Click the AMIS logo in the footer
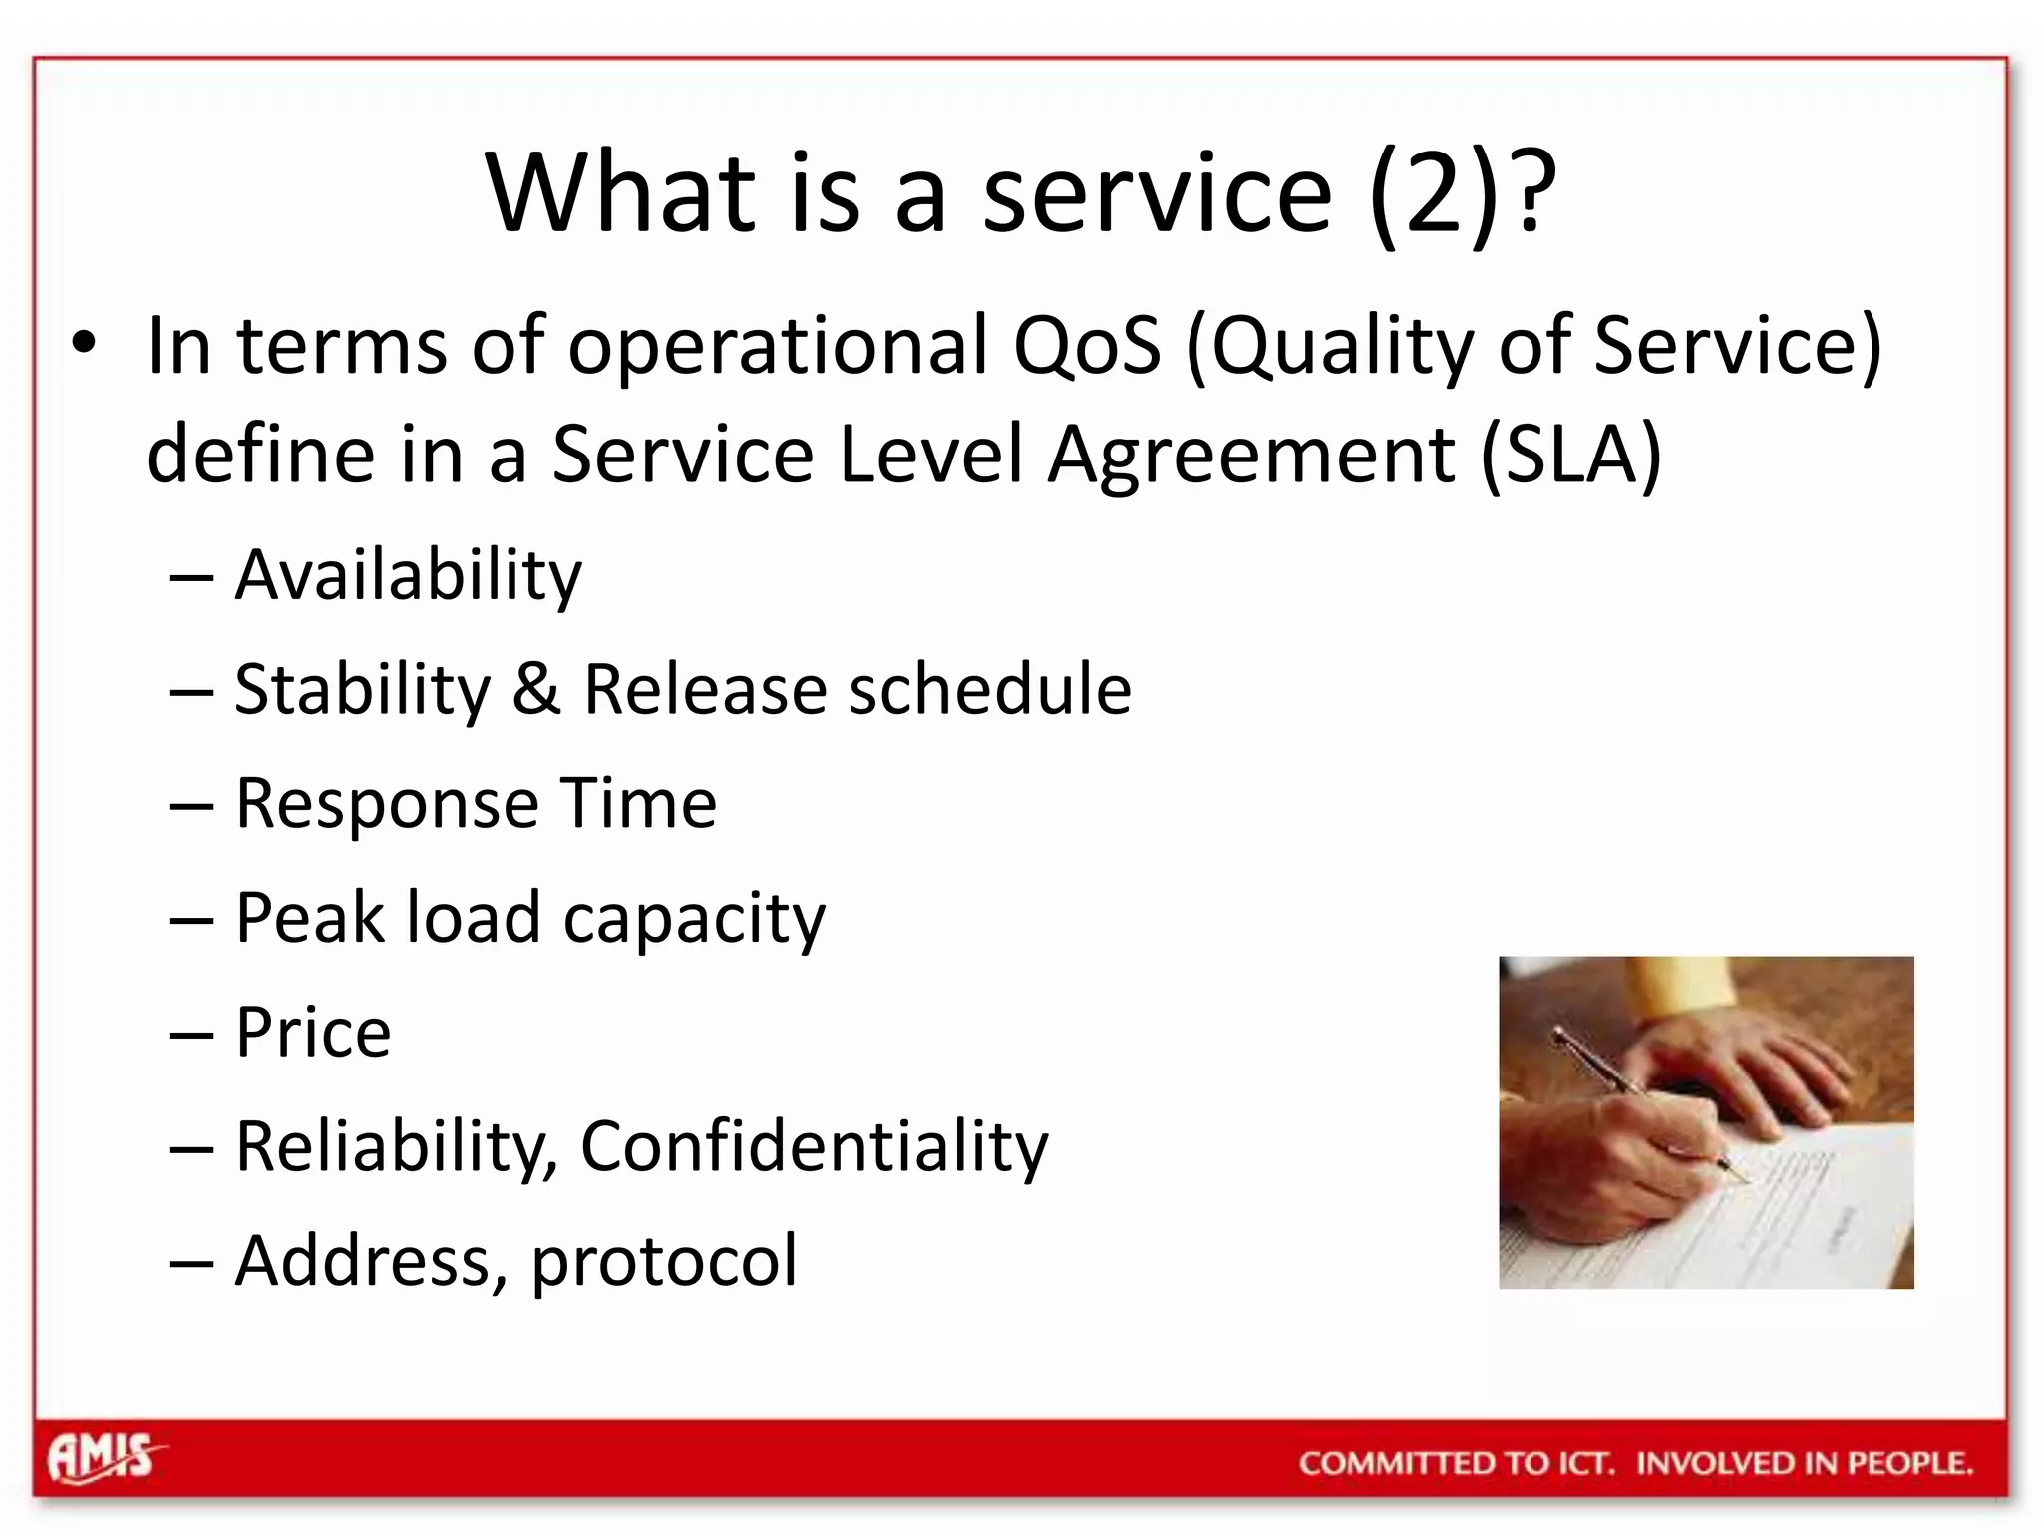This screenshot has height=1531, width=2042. pos(103,1458)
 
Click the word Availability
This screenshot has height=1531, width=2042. pos(408,576)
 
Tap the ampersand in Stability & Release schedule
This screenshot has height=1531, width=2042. pos(536,689)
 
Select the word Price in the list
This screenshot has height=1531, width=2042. pos(313,1032)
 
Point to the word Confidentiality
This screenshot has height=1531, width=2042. pos(814,1146)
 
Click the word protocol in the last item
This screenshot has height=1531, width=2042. pos(664,1262)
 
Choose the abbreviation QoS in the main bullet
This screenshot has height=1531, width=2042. pos(1088,346)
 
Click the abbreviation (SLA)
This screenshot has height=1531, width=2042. pos(1571,455)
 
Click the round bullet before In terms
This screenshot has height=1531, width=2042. pos(84,344)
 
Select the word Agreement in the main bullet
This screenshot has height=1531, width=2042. pos(1250,455)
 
